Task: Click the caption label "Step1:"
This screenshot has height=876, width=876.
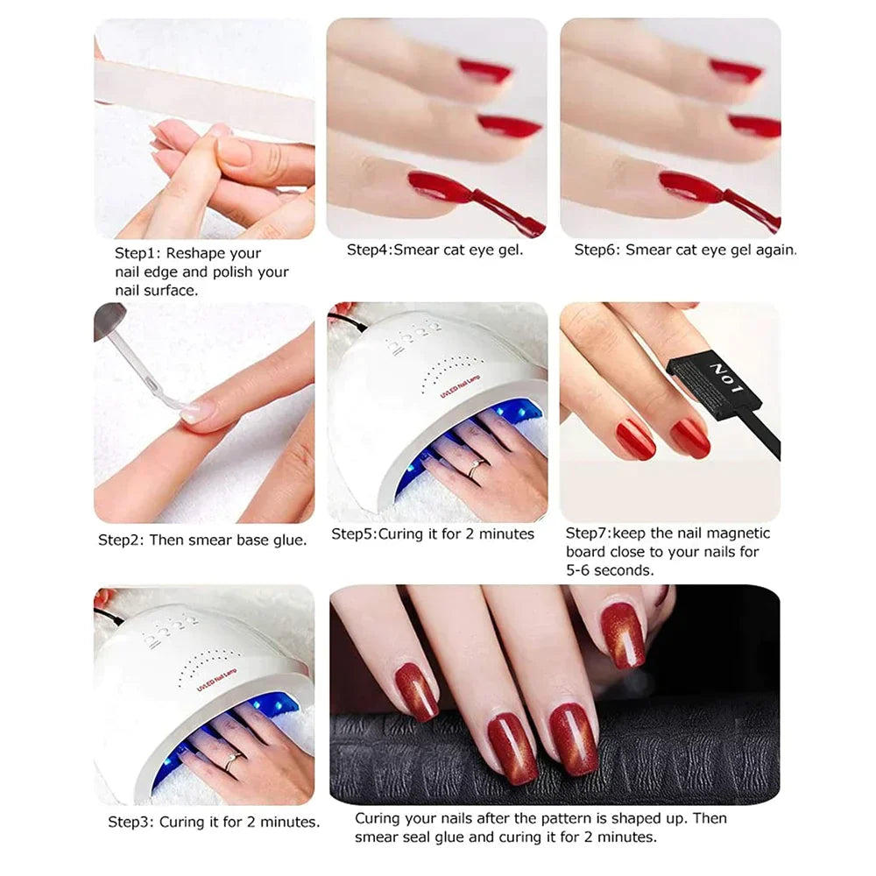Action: (138, 254)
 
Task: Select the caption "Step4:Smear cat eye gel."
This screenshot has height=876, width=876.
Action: (434, 250)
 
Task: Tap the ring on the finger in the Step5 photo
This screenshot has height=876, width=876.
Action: (474, 469)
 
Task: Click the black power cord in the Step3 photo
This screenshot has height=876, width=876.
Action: (109, 616)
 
